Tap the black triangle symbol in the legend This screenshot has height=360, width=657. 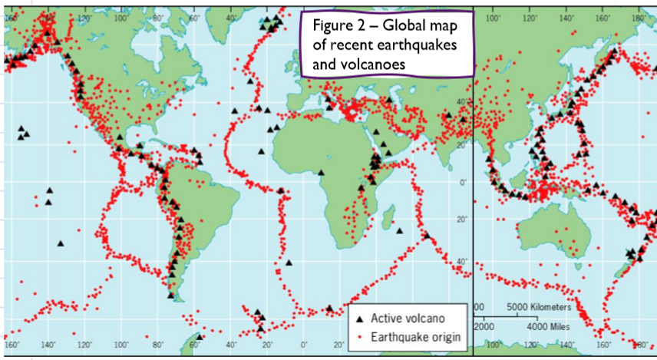361,318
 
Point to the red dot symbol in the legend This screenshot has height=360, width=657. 361,337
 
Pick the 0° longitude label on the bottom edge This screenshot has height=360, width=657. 304,343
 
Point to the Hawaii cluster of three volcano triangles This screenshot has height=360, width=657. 24,133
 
